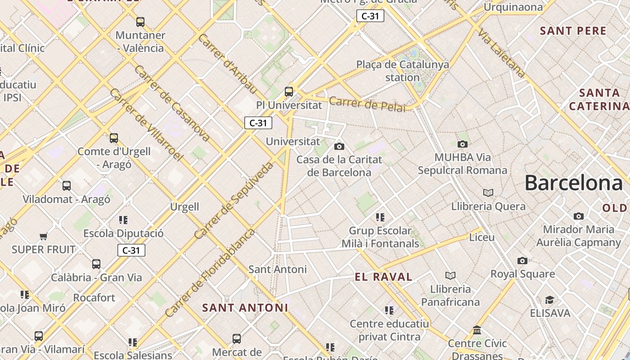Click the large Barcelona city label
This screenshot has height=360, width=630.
point(574,183)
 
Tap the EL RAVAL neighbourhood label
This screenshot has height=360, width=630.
point(383,277)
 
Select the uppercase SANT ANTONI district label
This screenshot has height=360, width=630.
point(245,308)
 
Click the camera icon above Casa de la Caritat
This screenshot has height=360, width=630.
point(339,146)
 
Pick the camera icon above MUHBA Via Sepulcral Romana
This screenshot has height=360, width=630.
point(462,144)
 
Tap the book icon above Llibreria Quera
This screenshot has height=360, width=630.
point(488,193)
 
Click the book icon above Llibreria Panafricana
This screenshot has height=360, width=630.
point(450,275)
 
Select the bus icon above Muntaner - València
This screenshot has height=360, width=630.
point(140,22)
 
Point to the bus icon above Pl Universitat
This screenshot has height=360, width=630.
point(289,92)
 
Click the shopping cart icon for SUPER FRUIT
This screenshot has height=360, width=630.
point(43,236)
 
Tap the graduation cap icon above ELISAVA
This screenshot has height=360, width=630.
point(549,300)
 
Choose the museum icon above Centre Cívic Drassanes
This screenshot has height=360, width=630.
point(477,330)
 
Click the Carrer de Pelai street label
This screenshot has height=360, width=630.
point(367,104)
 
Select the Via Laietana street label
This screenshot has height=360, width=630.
point(501,53)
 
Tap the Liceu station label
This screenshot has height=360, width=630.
point(482,237)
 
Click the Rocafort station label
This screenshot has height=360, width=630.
point(94,297)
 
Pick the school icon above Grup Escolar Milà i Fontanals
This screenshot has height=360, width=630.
point(380,217)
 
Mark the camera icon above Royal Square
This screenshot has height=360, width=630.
point(522,261)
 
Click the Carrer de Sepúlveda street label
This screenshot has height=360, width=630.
point(234,201)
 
